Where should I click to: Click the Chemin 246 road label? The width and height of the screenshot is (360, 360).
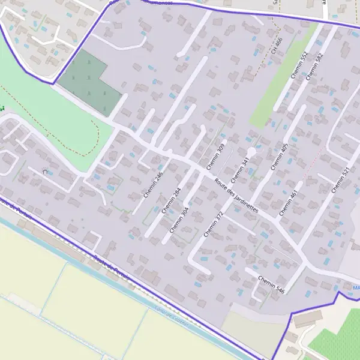coord(154,185)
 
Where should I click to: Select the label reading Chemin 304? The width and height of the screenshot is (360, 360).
coord(179,220)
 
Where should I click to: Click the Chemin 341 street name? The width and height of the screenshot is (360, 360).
coord(240,170)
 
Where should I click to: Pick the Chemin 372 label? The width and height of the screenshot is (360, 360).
coord(213,224)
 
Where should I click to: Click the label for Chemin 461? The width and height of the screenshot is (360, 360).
coord(288,202)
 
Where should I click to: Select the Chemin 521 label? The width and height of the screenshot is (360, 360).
coord(340,179)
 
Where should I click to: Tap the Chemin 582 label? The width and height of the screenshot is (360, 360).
coord(314,66)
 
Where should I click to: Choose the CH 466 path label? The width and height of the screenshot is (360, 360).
coord(277,47)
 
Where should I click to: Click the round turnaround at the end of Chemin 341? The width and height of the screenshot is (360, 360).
coord(252,152)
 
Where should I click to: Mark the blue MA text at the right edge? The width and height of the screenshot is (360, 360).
coord(356,288)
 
